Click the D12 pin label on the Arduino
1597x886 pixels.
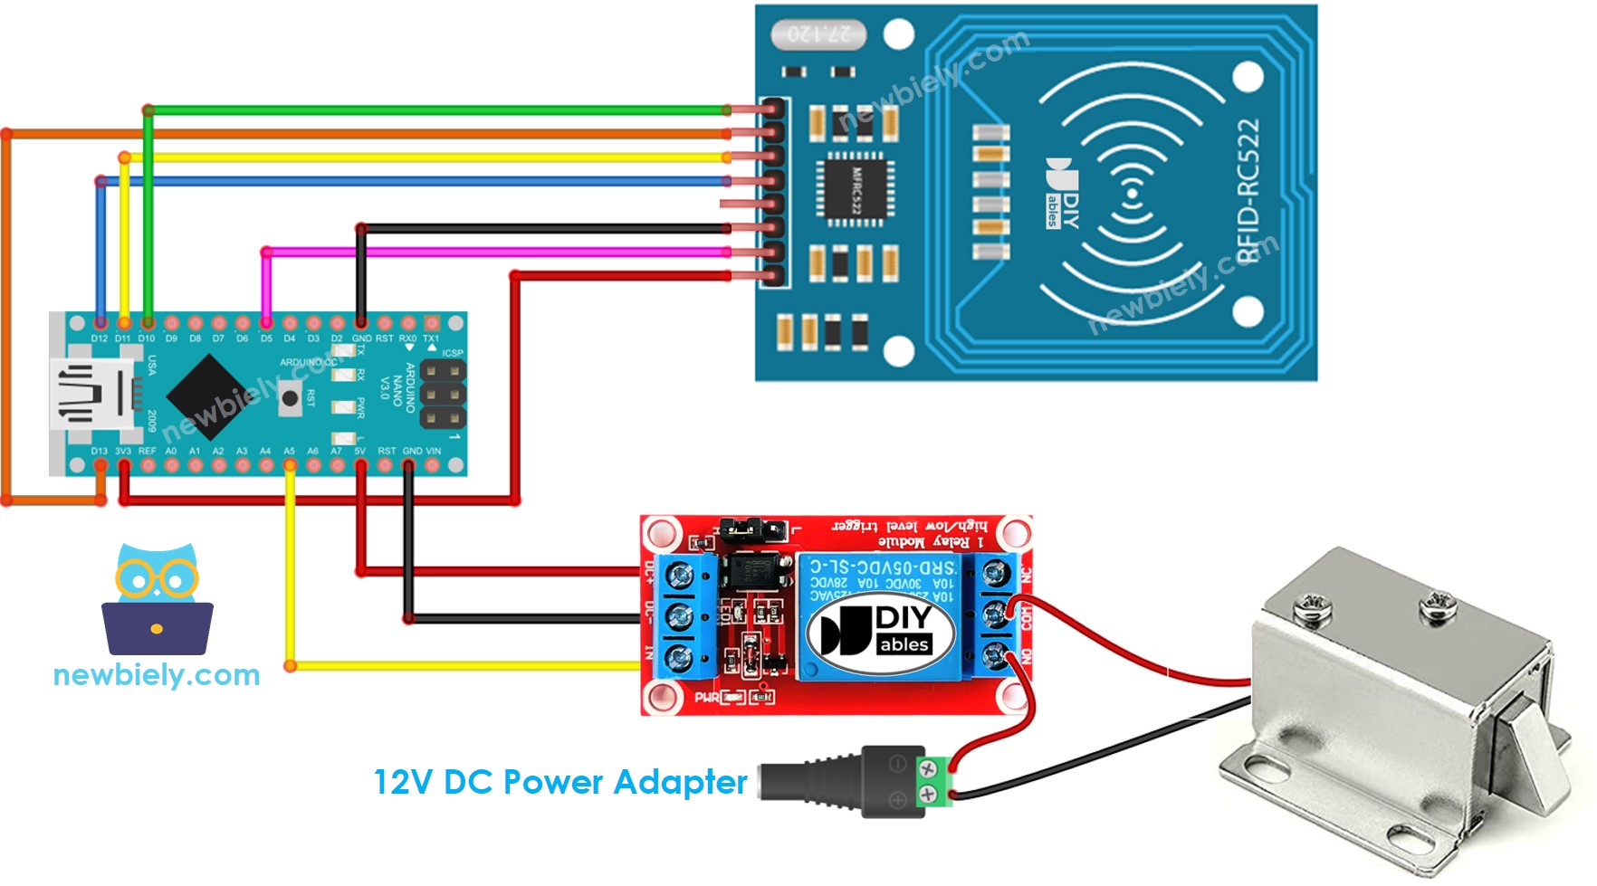99,338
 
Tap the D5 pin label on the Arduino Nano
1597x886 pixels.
266,338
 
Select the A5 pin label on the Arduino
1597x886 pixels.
289,451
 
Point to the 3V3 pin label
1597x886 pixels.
123,451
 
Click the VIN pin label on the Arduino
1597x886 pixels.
434,451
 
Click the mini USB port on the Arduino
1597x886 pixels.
91,394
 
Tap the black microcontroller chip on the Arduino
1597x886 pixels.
209,395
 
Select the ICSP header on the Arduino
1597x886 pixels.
443,395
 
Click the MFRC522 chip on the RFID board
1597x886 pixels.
856,189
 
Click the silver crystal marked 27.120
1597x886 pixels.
818,34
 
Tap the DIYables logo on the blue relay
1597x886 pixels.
881,631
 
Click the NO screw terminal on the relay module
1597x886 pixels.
996,655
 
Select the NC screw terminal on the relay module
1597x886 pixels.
996,573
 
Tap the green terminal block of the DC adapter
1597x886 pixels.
936,782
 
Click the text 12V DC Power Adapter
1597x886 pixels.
560,782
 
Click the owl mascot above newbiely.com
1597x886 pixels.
158,598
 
